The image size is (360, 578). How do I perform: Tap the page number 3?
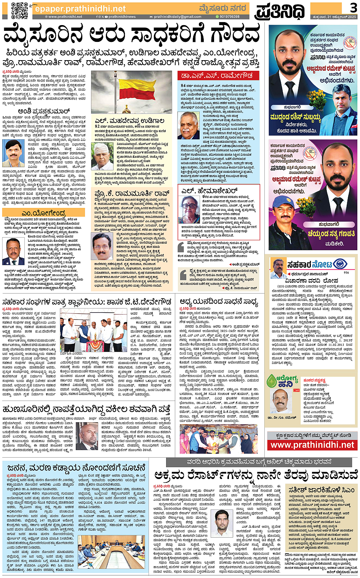[x=353, y=7]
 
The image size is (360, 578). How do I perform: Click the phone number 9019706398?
[x=229, y=17]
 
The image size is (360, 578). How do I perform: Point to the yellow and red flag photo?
[x=131, y=92]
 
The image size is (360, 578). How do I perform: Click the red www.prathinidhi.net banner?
[x=312, y=445]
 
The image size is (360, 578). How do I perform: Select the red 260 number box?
[x=296, y=390]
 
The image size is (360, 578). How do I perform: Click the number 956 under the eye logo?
[x=346, y=273]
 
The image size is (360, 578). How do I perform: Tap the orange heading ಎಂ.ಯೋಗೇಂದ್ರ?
[x=43, y=213]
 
